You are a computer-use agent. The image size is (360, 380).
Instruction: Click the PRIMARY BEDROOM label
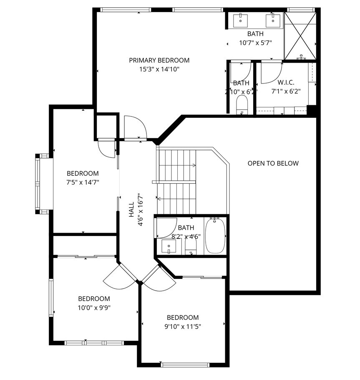159,60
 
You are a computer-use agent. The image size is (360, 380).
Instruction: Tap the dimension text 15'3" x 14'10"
159,69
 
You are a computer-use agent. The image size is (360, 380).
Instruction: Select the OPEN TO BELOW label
273,163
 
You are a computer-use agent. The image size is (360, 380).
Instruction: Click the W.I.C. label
286,82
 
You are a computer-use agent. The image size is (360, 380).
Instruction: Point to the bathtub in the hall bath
215,236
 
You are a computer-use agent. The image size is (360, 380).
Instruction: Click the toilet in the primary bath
242,104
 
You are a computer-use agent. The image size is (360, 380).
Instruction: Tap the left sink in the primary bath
242,19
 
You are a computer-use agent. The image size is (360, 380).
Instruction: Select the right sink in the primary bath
273,19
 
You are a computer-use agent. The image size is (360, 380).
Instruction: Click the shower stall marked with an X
300,35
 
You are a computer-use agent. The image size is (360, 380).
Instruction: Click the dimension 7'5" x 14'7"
83,182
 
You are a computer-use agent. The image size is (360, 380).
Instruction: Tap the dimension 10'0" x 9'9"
94,308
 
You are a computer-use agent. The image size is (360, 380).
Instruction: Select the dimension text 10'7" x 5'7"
255,43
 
